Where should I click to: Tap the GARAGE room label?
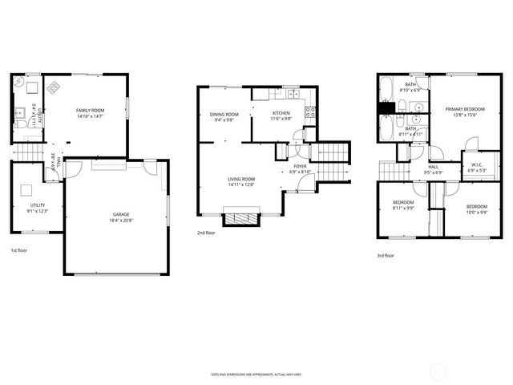[x=121, y=214]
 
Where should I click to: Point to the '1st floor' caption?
[x=18, y=252]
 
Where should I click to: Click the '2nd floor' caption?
[x=206, y=233]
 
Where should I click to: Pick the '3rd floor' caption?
[x=386, y=256]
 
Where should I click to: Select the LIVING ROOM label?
[x=241, y=181]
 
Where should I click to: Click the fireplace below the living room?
[x=241, y=217]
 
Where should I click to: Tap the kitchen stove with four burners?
[x=310, y=111]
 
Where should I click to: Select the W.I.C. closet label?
[x=477, y=167]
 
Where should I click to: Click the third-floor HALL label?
[x=433, y=168]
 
